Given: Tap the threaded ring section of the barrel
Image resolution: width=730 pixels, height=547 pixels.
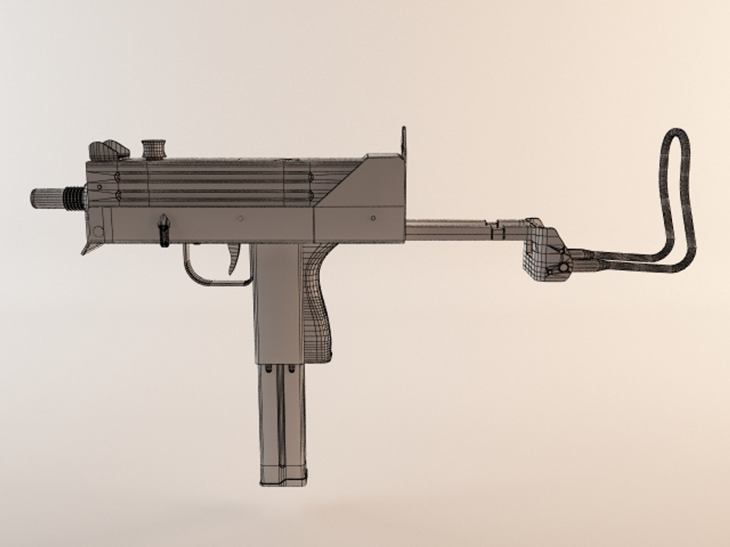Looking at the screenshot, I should pyautogui.click(x=74, y=197).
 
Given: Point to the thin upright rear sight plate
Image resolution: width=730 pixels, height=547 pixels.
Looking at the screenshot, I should pyautogui.click(x=404, y=141).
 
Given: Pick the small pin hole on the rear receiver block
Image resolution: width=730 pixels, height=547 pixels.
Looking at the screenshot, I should pyautogui.click(x=373, y=219).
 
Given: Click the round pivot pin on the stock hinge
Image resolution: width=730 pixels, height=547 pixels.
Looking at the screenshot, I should pyautogui.click(x=562, y=267).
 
